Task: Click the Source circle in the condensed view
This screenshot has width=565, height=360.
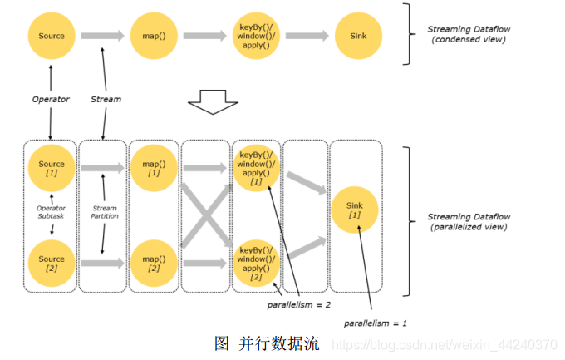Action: point(51,36)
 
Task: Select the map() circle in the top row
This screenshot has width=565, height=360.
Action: point(153,36)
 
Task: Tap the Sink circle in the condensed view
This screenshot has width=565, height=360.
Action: point(358,36)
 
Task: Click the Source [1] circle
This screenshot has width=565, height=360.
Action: point(51,169)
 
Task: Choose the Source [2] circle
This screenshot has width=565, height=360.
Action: point(51,263)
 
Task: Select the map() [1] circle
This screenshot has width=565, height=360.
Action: point(153,169)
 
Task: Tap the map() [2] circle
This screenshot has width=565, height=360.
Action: point(153,263)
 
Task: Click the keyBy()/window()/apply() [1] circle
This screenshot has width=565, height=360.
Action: point(256,169)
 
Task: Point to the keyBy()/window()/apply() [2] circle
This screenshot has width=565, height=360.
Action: point(256,263)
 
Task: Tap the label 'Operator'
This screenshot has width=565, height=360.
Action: point(51,99)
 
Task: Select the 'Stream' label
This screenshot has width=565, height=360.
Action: point(106,99)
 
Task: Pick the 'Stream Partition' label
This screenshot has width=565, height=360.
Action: point(105,211)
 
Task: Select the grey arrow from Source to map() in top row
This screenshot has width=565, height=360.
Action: point(102,36)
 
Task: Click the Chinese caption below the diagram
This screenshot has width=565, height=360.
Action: point(267,343)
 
